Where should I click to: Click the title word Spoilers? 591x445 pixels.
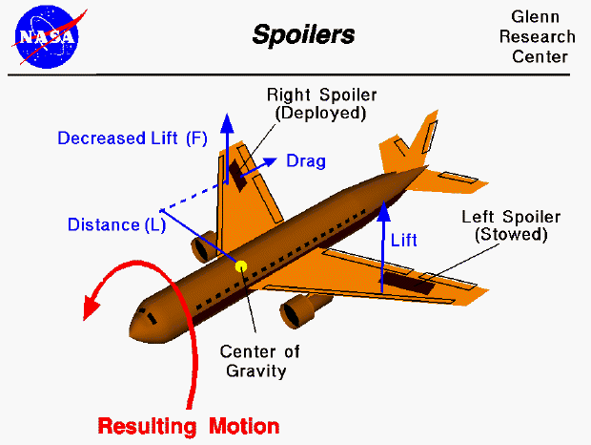click(x=302, y=35)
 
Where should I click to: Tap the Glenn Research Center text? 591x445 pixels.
click(x=542, y=37)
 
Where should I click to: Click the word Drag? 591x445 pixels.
click(x=306, y=161)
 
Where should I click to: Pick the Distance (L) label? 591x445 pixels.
click(x=116, y=225)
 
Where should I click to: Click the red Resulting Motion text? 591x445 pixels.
click(x=189, y=425)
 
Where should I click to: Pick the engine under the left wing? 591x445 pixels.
click(x=301, y=310)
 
